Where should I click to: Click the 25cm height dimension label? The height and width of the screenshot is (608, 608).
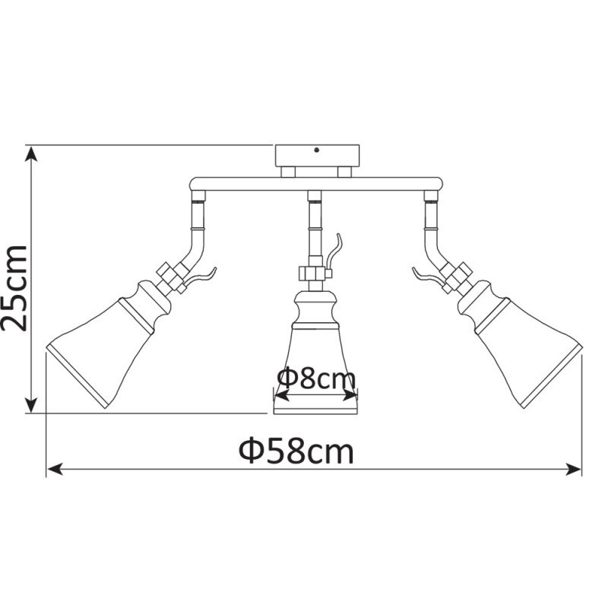click(x=17, y=287)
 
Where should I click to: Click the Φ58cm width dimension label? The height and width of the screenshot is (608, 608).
click(x=296, y=451)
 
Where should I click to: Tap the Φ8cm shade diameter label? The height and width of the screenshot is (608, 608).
click(x=315, y=378)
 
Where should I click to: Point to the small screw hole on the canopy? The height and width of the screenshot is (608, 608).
click(x=316, y=150)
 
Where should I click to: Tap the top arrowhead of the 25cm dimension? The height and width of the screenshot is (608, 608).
click(x=31, y=152)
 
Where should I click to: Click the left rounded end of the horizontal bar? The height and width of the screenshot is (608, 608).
click(x=195, y=183)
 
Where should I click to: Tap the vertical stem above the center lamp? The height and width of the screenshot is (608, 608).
click(x=312, y=228)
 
